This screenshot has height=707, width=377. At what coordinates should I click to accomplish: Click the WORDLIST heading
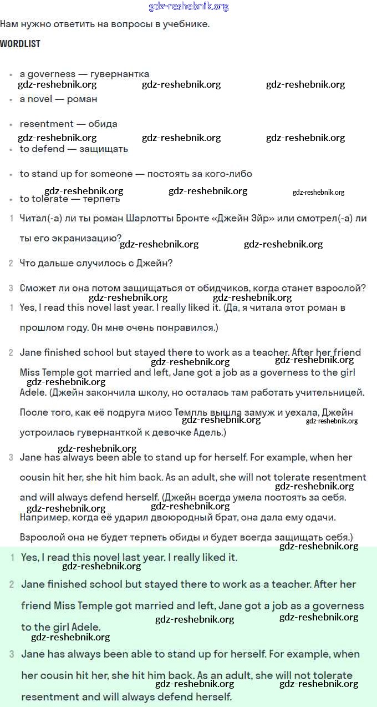[20, 44]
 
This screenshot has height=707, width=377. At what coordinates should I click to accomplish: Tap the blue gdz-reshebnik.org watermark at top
[188, 7]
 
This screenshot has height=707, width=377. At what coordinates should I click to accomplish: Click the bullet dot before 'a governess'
[11, 74]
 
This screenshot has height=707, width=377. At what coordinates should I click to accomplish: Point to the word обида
[103, 124]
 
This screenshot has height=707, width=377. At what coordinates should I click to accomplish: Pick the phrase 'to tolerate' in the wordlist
[44, 199]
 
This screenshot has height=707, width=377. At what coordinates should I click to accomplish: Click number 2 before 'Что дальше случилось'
[11, 263]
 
